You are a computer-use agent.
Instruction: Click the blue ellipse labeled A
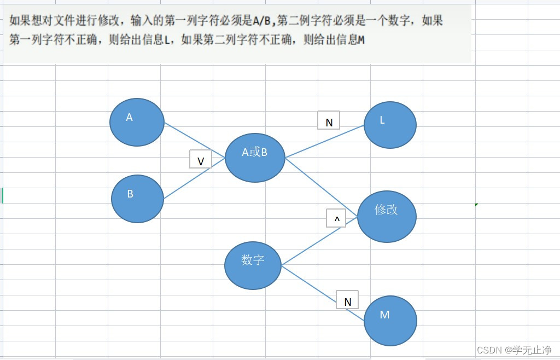click(x=137, y=122)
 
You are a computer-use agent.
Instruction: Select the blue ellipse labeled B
click(x=137, y=199)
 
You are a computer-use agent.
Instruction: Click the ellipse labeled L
click(x=390, y=124)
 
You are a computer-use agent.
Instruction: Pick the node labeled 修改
click(x=387, y=217)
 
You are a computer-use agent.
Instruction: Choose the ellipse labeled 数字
click(x=253, y=265)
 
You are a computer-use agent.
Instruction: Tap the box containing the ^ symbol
click(x=336, y=218)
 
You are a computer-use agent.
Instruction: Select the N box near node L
click(x=329, y=120)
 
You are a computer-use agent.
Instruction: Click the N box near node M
click(x=347, y=300)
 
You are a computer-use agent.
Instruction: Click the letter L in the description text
click(x=167, y=40)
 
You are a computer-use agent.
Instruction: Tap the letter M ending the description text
click(x=360, y=40)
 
